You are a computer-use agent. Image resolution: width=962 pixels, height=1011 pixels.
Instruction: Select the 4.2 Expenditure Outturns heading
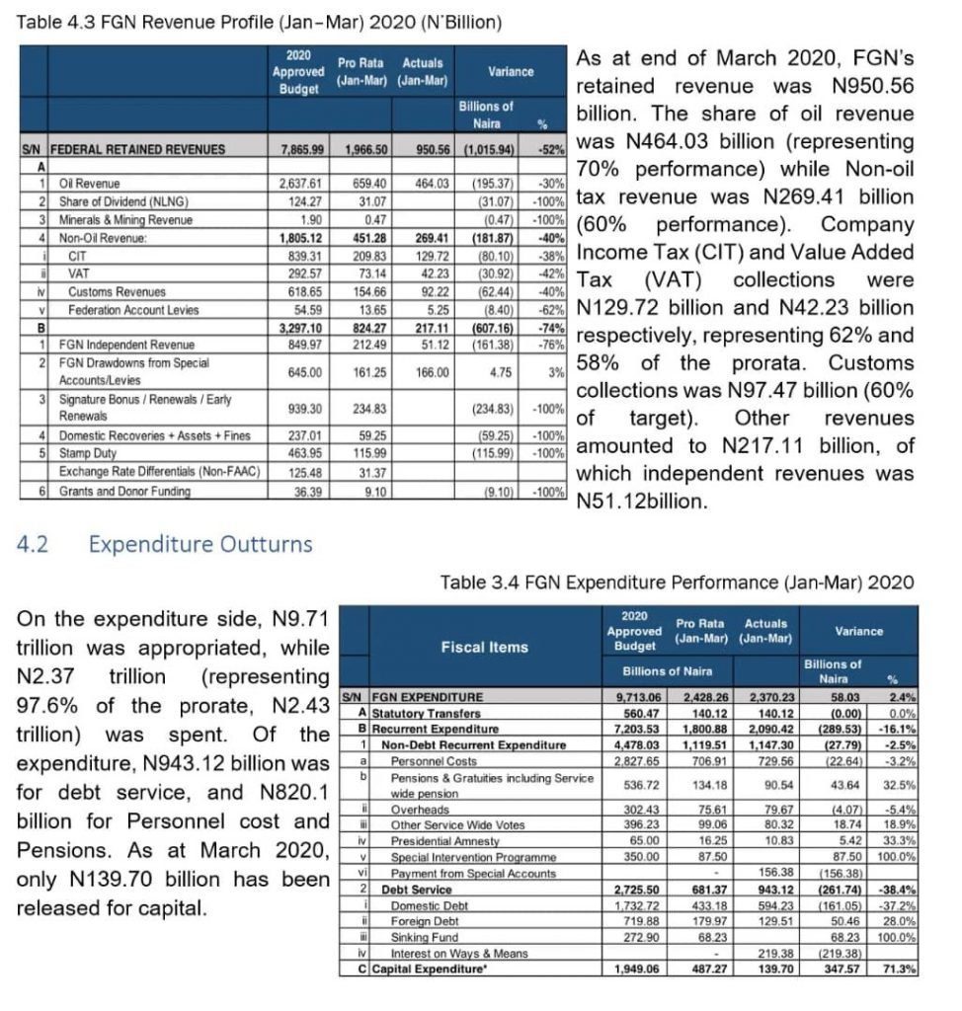pyautogui.click(x=164, y=544)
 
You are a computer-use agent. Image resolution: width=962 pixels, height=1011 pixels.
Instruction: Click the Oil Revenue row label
pyautogui.click(x=90, y=184)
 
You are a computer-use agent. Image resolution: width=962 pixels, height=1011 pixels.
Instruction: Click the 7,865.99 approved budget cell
pyautogui.click(x=302, y=150)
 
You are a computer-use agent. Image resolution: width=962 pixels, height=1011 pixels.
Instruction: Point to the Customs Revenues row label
pyautogui.click(x=117, y=292)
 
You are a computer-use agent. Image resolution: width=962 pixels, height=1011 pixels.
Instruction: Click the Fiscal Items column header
pyautogui.click(x=483, y=647)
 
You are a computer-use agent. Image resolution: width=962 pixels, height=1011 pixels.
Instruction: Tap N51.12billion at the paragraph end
pyautogui.click(x=642, y=501)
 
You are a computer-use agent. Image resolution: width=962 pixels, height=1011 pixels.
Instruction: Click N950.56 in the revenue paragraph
pyautogui.click(x=874, y=86)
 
